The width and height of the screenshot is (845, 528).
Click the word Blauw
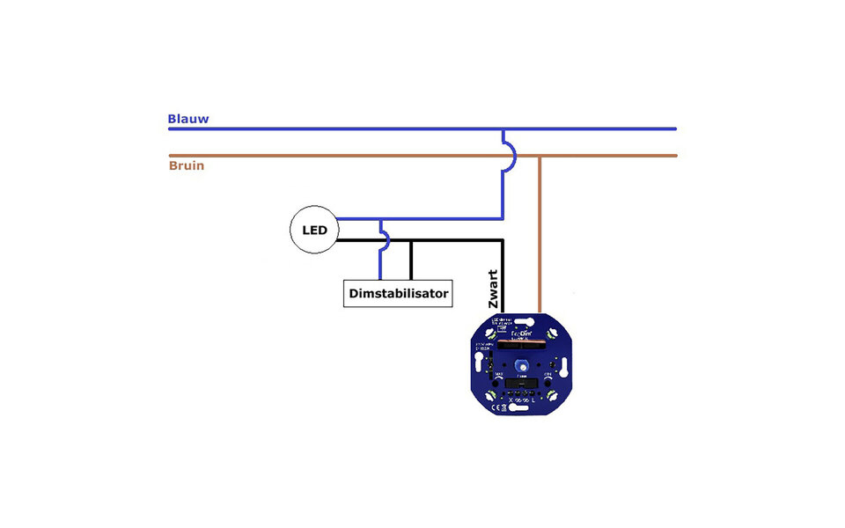coord(188,119)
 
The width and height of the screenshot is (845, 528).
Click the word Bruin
coord(187,165)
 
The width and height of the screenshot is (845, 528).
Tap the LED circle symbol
coord(314,231)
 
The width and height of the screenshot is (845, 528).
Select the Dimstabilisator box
coord(397,293)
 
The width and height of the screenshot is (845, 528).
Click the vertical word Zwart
coord(493,289)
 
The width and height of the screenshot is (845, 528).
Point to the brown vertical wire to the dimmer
coord(540,238)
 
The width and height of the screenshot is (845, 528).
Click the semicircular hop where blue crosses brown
coord(509,156)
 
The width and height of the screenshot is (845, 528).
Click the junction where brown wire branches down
coord(540,156)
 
